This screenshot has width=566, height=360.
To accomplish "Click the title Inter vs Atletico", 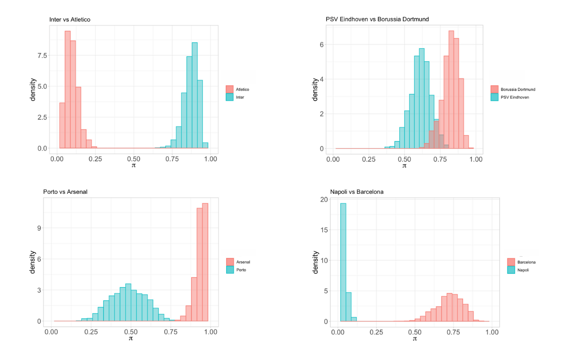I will coord(72,19).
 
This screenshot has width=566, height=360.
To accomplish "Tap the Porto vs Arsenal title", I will coord(65,192).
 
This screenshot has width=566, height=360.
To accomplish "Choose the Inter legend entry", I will coord(239,97).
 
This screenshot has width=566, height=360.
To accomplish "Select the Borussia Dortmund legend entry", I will coord(517,90).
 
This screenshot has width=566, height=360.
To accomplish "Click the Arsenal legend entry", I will coord(243,262).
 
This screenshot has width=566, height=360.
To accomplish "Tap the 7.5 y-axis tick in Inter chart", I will coord(41,56).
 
